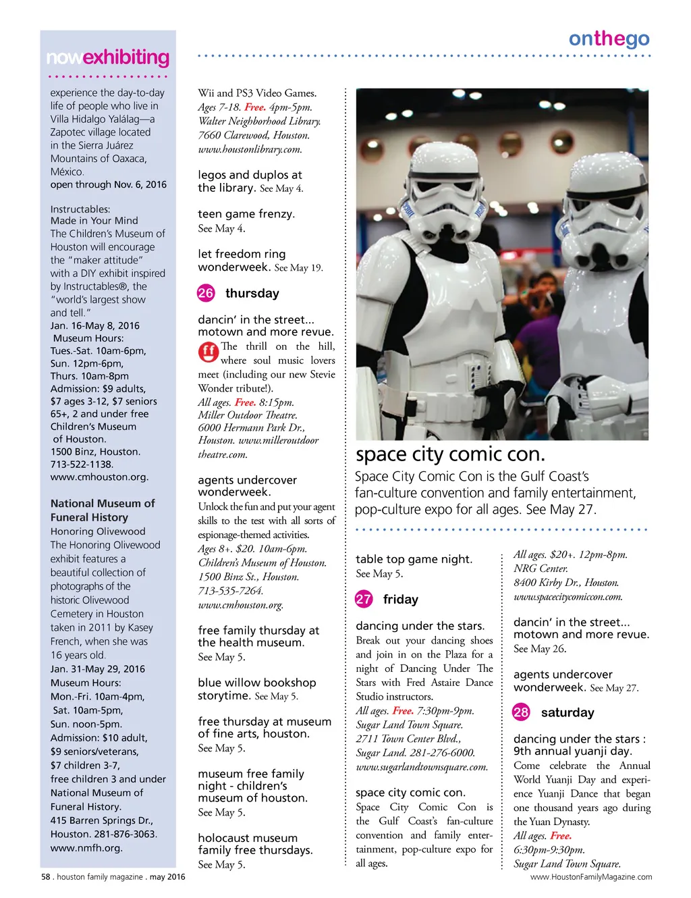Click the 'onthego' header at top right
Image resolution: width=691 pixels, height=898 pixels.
[x=609, y=39]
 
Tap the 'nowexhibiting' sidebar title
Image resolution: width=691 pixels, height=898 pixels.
[x=108, y=57]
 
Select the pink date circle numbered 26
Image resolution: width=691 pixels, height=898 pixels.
[x=206, y=293]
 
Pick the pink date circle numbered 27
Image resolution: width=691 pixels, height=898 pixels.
[x=364, y=599]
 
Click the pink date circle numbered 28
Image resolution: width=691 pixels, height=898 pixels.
[x=521, y=712]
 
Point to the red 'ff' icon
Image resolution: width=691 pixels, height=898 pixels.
[x=209, y=351]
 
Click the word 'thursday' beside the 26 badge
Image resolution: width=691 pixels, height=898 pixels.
[x=252, y=293]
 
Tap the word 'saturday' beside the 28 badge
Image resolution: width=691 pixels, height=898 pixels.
[x=568, y=712]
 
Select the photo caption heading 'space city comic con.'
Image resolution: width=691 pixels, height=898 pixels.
[x=450, y=454]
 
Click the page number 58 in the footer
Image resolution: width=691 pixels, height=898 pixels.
[x=46, y=877]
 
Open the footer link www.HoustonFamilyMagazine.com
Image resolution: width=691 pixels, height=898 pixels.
[x=591, y=877]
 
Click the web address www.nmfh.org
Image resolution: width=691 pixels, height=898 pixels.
[x=86, y=848]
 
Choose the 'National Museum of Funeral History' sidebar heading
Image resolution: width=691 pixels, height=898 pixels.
[x=103, y=510]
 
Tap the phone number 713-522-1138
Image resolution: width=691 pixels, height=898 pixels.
[x=82, y=465]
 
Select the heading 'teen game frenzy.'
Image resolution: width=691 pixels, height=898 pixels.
[x=246, y=214]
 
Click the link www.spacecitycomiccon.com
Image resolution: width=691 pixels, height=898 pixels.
[x=568, y=597]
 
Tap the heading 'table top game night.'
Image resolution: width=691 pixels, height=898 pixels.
[x=414, y=559]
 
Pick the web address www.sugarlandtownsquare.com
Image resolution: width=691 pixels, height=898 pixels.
[x=422, y=767]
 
